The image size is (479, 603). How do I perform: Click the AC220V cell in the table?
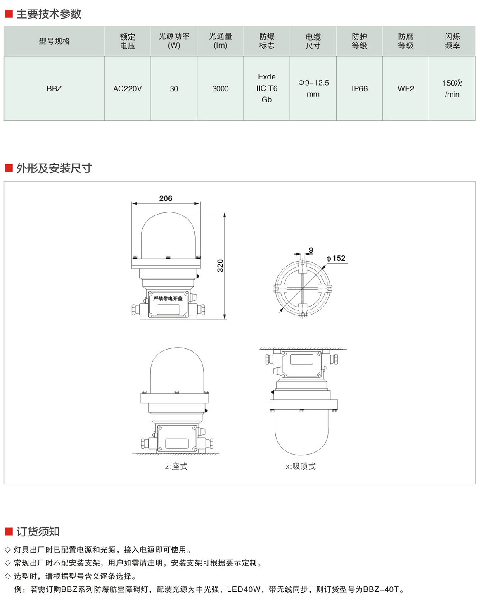tap(127, 89)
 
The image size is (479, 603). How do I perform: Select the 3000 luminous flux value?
tap(221, 89)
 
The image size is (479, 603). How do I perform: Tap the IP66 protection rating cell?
tap(360, 89)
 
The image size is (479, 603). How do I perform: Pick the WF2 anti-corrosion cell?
tap(405, 89)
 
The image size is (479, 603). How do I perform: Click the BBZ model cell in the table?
tap(54, 89)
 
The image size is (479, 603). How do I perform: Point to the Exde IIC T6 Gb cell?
tap(267, 88)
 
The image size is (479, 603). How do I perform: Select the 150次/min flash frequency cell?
tap(452, 88)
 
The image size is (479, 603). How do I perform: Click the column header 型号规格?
tap(55, 41)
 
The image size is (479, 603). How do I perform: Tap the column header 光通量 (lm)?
tap(221, 41)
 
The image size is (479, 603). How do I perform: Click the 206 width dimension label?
tap(166, 198)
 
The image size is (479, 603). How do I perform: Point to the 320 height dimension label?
tap(221, 265)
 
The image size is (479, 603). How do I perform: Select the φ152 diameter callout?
tap(336, 258)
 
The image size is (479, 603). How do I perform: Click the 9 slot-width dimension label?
tap(311, 250)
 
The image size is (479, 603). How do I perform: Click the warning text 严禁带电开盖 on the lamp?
tap(168, 298)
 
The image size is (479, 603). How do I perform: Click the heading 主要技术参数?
tap(49, 14)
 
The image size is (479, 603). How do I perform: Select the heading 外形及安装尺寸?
tap(54, 168)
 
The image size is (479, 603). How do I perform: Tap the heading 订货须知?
tap(38, 531)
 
